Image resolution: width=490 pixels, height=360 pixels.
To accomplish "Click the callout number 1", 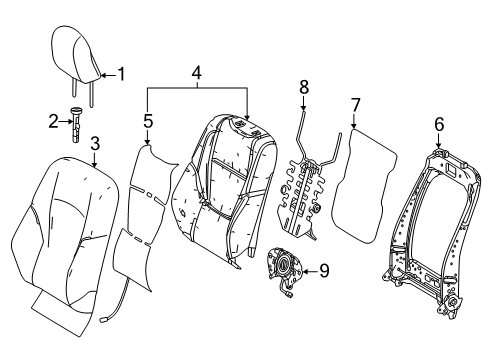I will tap(122, 72).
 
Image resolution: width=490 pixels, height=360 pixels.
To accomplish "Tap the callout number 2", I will tap(55, 122).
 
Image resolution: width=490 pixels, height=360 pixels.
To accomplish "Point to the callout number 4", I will tap(197, 73).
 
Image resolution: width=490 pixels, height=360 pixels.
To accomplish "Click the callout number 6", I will tap(438, 125).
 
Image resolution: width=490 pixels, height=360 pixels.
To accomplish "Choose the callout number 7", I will tap(354, 105).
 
